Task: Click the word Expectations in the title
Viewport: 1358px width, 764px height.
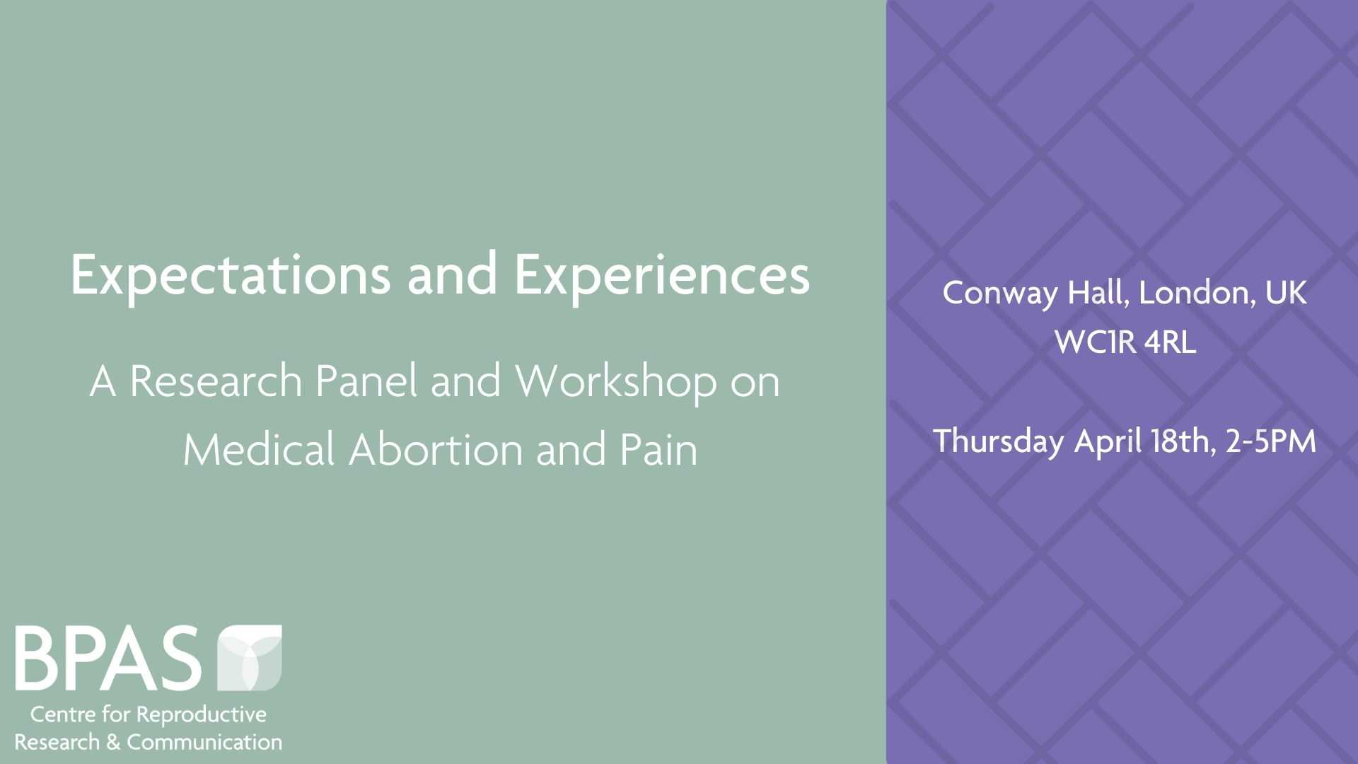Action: tap(230, 274)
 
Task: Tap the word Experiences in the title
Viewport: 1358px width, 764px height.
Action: tap(662, 274)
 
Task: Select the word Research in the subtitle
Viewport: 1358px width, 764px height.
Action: tap(216, 382)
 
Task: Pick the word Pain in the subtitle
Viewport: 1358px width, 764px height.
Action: tap(659, 450)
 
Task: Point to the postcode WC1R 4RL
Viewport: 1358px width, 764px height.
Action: tap(1125, 342)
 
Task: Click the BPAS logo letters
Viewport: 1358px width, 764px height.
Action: tap(108, 658)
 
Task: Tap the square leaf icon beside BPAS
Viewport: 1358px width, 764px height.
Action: tap(249, 658)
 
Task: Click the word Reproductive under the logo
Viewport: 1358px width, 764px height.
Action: tap(201, 715)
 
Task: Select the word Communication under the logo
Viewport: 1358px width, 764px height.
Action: tap(204, 742)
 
